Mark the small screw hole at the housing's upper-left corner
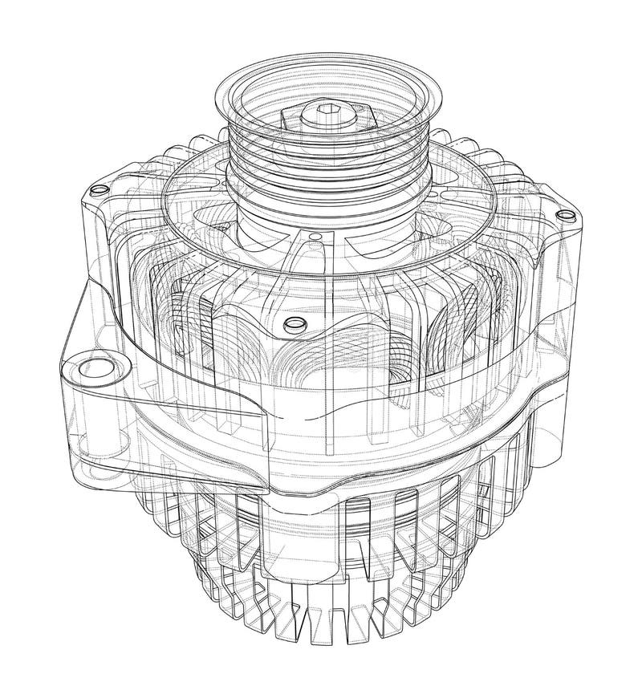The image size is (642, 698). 98,190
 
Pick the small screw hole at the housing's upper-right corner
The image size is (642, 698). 567,214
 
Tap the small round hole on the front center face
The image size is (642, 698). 293,324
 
